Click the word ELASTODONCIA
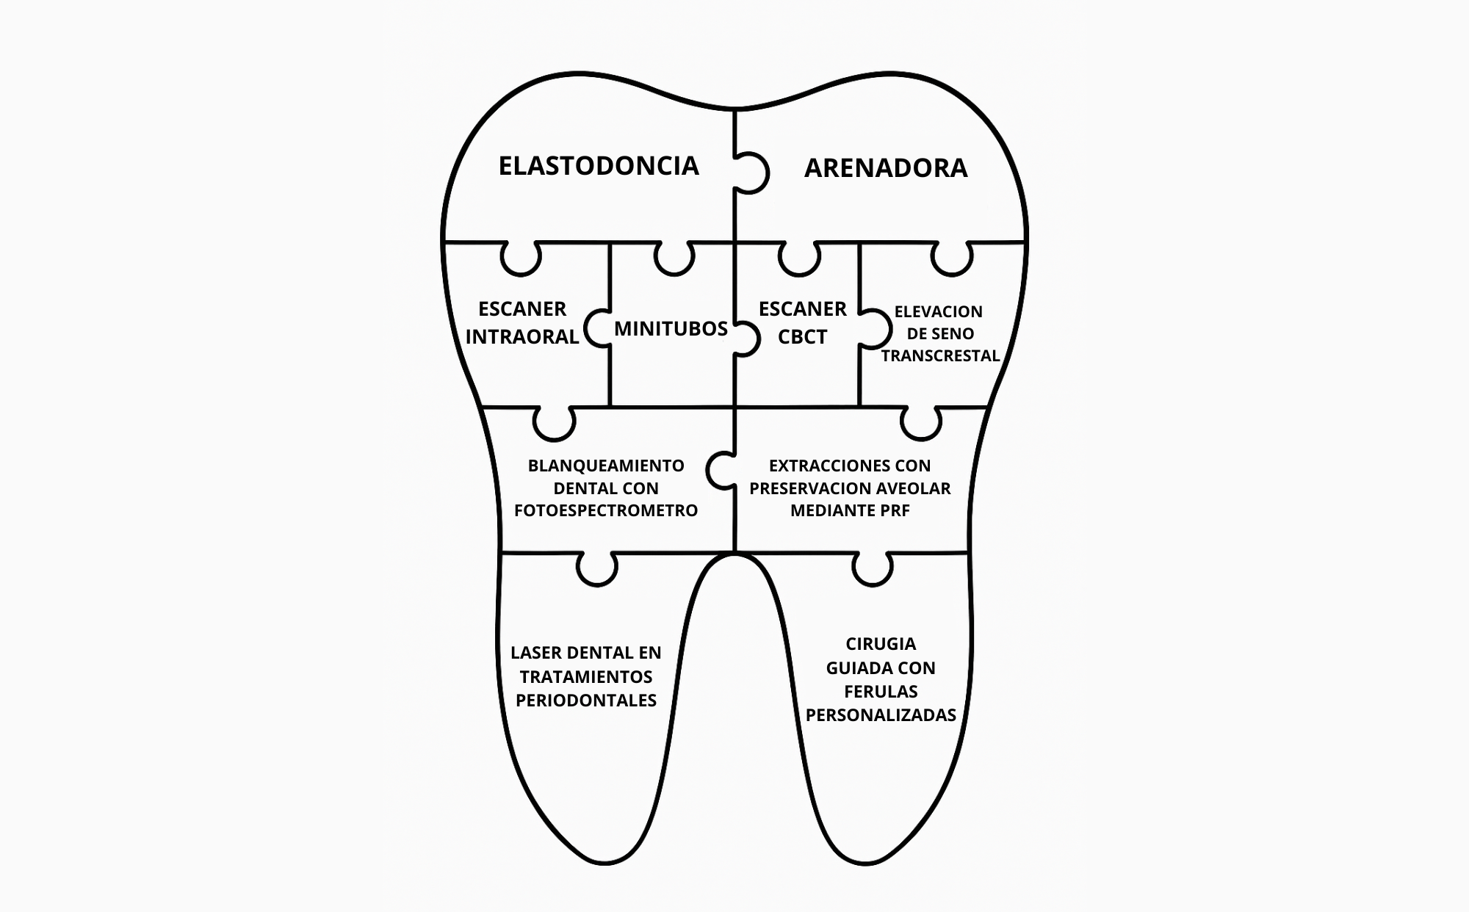click(599, 166)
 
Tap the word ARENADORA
click(886, 168)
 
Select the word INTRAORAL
click(522, 337)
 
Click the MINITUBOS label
click(671, 328)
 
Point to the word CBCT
click(802, 337)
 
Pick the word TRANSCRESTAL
click(940, 356)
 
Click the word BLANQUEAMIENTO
click(606, 466)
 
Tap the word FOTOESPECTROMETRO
click(606, 510)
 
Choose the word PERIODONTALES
click(586, 701)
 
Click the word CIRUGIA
click(881, 644)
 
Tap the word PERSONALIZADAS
click(881, 715)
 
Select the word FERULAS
click(881, 692)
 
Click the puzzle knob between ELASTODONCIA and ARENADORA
click(751, 173)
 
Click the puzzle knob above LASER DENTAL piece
click(596, 568)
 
